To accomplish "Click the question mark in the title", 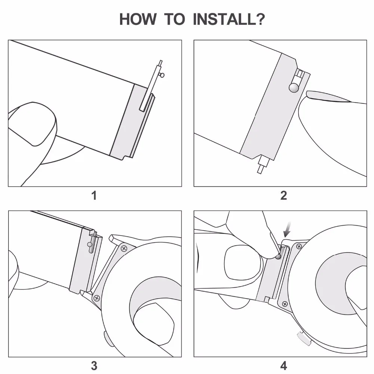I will click(x=260, y=19).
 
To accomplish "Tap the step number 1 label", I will click(x=94, y=195).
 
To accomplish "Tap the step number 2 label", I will click(x=283, y=195).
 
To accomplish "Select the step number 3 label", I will click(x=94, y=365).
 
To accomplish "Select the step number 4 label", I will click(x=283, y=365).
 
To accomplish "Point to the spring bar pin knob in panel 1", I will click(x=162, y=75).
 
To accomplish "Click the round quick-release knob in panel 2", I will click(x=294, y=88).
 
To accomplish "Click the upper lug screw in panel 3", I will click(x=124, y=248).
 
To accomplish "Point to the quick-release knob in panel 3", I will click(x=91, y=245).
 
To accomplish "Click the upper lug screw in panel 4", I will click(x=299, y=246).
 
